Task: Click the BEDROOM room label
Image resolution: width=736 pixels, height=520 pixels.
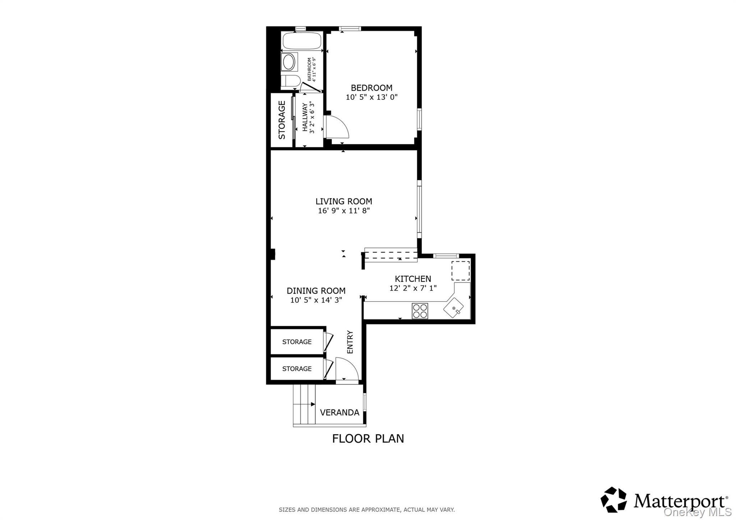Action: point(371,88)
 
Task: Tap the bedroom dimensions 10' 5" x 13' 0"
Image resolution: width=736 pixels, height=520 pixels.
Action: point(371,97)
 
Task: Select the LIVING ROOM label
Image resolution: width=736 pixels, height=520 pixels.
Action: point(344,201)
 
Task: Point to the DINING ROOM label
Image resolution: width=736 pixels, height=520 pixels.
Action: point(316,291)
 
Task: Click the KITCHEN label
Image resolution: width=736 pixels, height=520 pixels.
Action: point(413,279)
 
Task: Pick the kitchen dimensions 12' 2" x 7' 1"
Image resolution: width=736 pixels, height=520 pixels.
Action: point(413,288)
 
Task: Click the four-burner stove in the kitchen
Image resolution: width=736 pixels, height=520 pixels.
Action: point(420,311)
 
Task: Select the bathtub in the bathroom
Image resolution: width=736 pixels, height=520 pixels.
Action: point(302,41)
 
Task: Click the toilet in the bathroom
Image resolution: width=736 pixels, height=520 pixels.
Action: point(289,82)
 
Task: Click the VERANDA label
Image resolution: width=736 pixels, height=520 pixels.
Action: point(339,413)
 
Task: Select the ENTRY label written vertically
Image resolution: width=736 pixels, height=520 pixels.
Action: point(350,342)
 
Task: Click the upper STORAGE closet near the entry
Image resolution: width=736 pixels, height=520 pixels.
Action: point(296,342)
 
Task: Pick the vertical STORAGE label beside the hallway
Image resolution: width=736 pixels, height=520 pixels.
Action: point(282,120)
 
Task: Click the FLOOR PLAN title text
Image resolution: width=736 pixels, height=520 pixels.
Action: point(368,439)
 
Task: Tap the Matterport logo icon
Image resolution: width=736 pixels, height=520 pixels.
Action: point(613,500)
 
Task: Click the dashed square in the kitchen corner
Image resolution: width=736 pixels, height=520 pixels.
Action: point(460,271)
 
